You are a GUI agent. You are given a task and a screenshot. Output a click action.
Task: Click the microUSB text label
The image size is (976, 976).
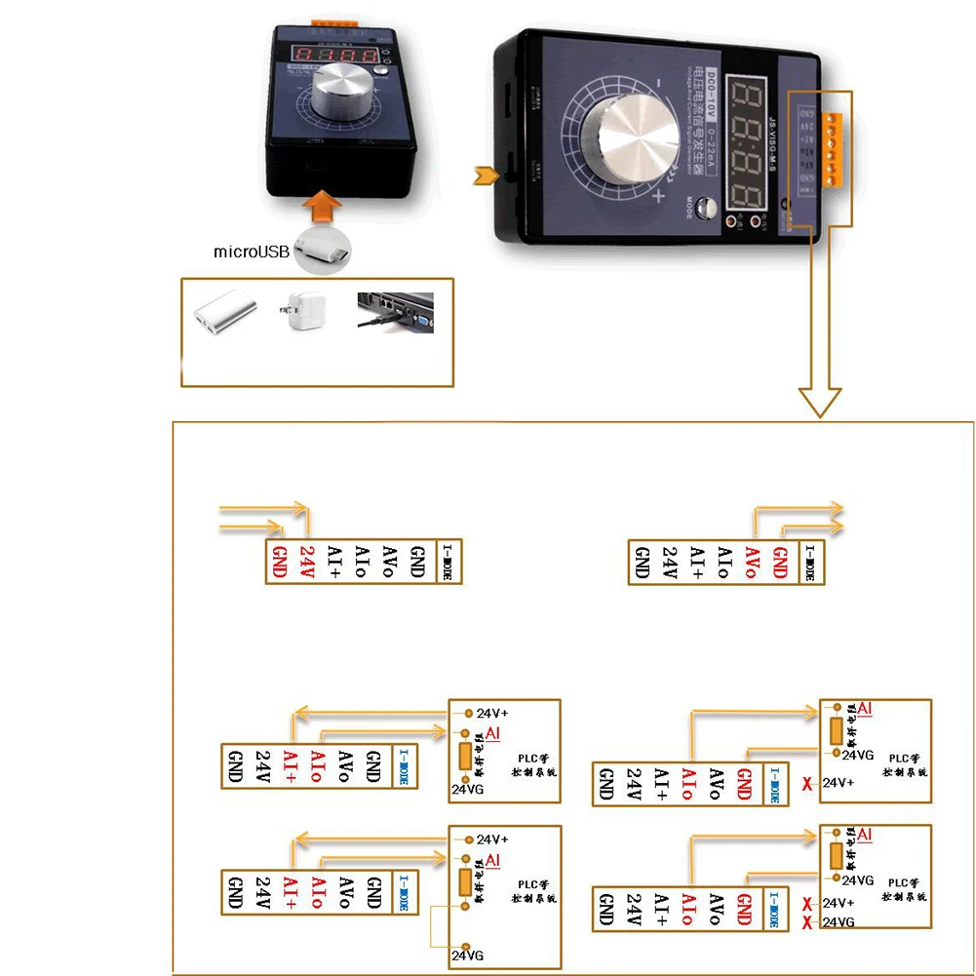coord(252,252)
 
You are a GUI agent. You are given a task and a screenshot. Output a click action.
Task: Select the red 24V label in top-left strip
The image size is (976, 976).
coord(306,563)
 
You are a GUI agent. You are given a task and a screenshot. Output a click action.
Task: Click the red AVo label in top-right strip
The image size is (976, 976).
coord(751,563)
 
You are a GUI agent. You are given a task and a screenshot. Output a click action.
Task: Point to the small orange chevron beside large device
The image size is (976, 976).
coord(481,176)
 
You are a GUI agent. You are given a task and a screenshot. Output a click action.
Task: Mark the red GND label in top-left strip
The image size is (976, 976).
coord(279,563)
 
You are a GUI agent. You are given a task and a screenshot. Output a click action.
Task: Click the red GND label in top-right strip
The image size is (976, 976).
coord(779,563)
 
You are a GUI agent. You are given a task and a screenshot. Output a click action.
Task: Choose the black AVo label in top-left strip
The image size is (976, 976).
coord(389,563)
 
